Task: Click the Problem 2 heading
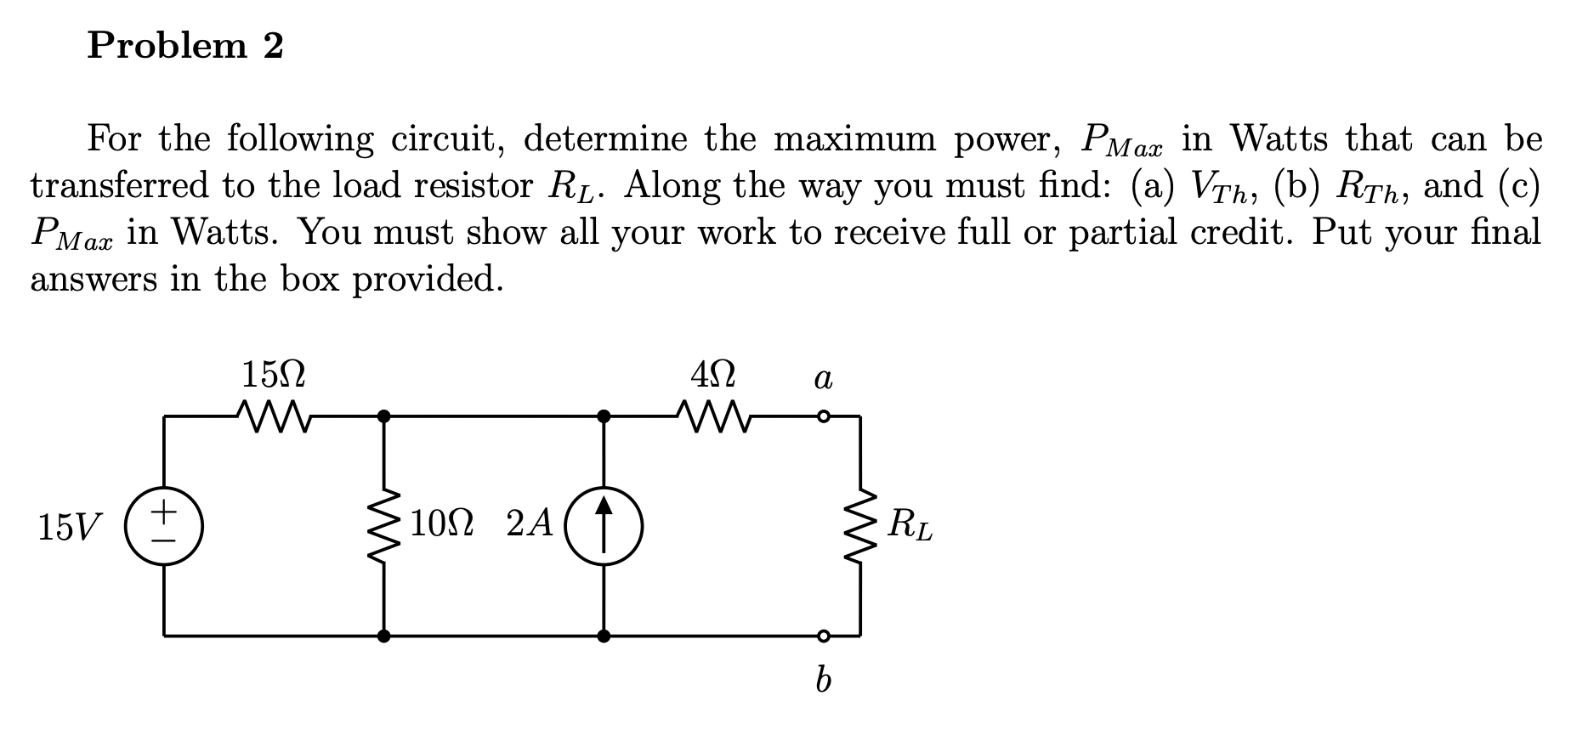[x=185, y=46]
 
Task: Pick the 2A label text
[x=530, y=524]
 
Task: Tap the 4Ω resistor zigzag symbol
[x=712, y=416]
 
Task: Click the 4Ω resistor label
[x=712, y=374]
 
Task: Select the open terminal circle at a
[x=822, y=417]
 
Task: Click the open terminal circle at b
[x=822, y=636]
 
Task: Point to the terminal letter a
[x=822, y=377]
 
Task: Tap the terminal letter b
[x=822, y=680]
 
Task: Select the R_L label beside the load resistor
[x=909, y=525]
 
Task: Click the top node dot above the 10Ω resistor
[x=384, y=416]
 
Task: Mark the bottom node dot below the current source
[x=604, y=636]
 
